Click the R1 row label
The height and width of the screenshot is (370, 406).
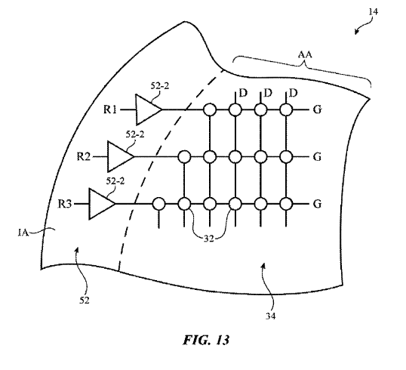pos(110,109)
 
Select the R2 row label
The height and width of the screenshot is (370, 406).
pos(83,157)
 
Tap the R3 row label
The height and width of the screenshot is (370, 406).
pos(64,204)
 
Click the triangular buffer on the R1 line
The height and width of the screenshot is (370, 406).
pos(149,109)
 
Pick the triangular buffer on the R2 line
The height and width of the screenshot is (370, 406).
pos(121,157)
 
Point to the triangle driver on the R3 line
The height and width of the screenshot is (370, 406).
pos(102,204)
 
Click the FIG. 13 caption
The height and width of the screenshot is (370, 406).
pos(206,340)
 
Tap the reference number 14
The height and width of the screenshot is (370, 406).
pos(373,12)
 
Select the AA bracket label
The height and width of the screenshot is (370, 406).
pos(305,54)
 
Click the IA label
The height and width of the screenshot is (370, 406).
pos(23,233)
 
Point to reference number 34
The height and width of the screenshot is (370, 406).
pos(270,316)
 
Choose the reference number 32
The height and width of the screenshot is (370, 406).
pos(209,239)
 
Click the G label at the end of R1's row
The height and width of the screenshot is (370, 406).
pos(317,109)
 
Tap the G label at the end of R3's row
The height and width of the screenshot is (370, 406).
pos(317,204)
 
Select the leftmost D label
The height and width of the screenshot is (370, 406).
pos(243,93)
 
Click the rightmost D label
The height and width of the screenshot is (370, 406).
pos(293,93)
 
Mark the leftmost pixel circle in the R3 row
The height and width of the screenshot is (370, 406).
pos(158,204)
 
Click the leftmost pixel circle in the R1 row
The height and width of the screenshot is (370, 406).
pos(210,109)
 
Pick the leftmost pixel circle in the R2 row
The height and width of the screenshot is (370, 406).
pos(184,157)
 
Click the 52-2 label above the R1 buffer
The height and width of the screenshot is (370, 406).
pos(160,86)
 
